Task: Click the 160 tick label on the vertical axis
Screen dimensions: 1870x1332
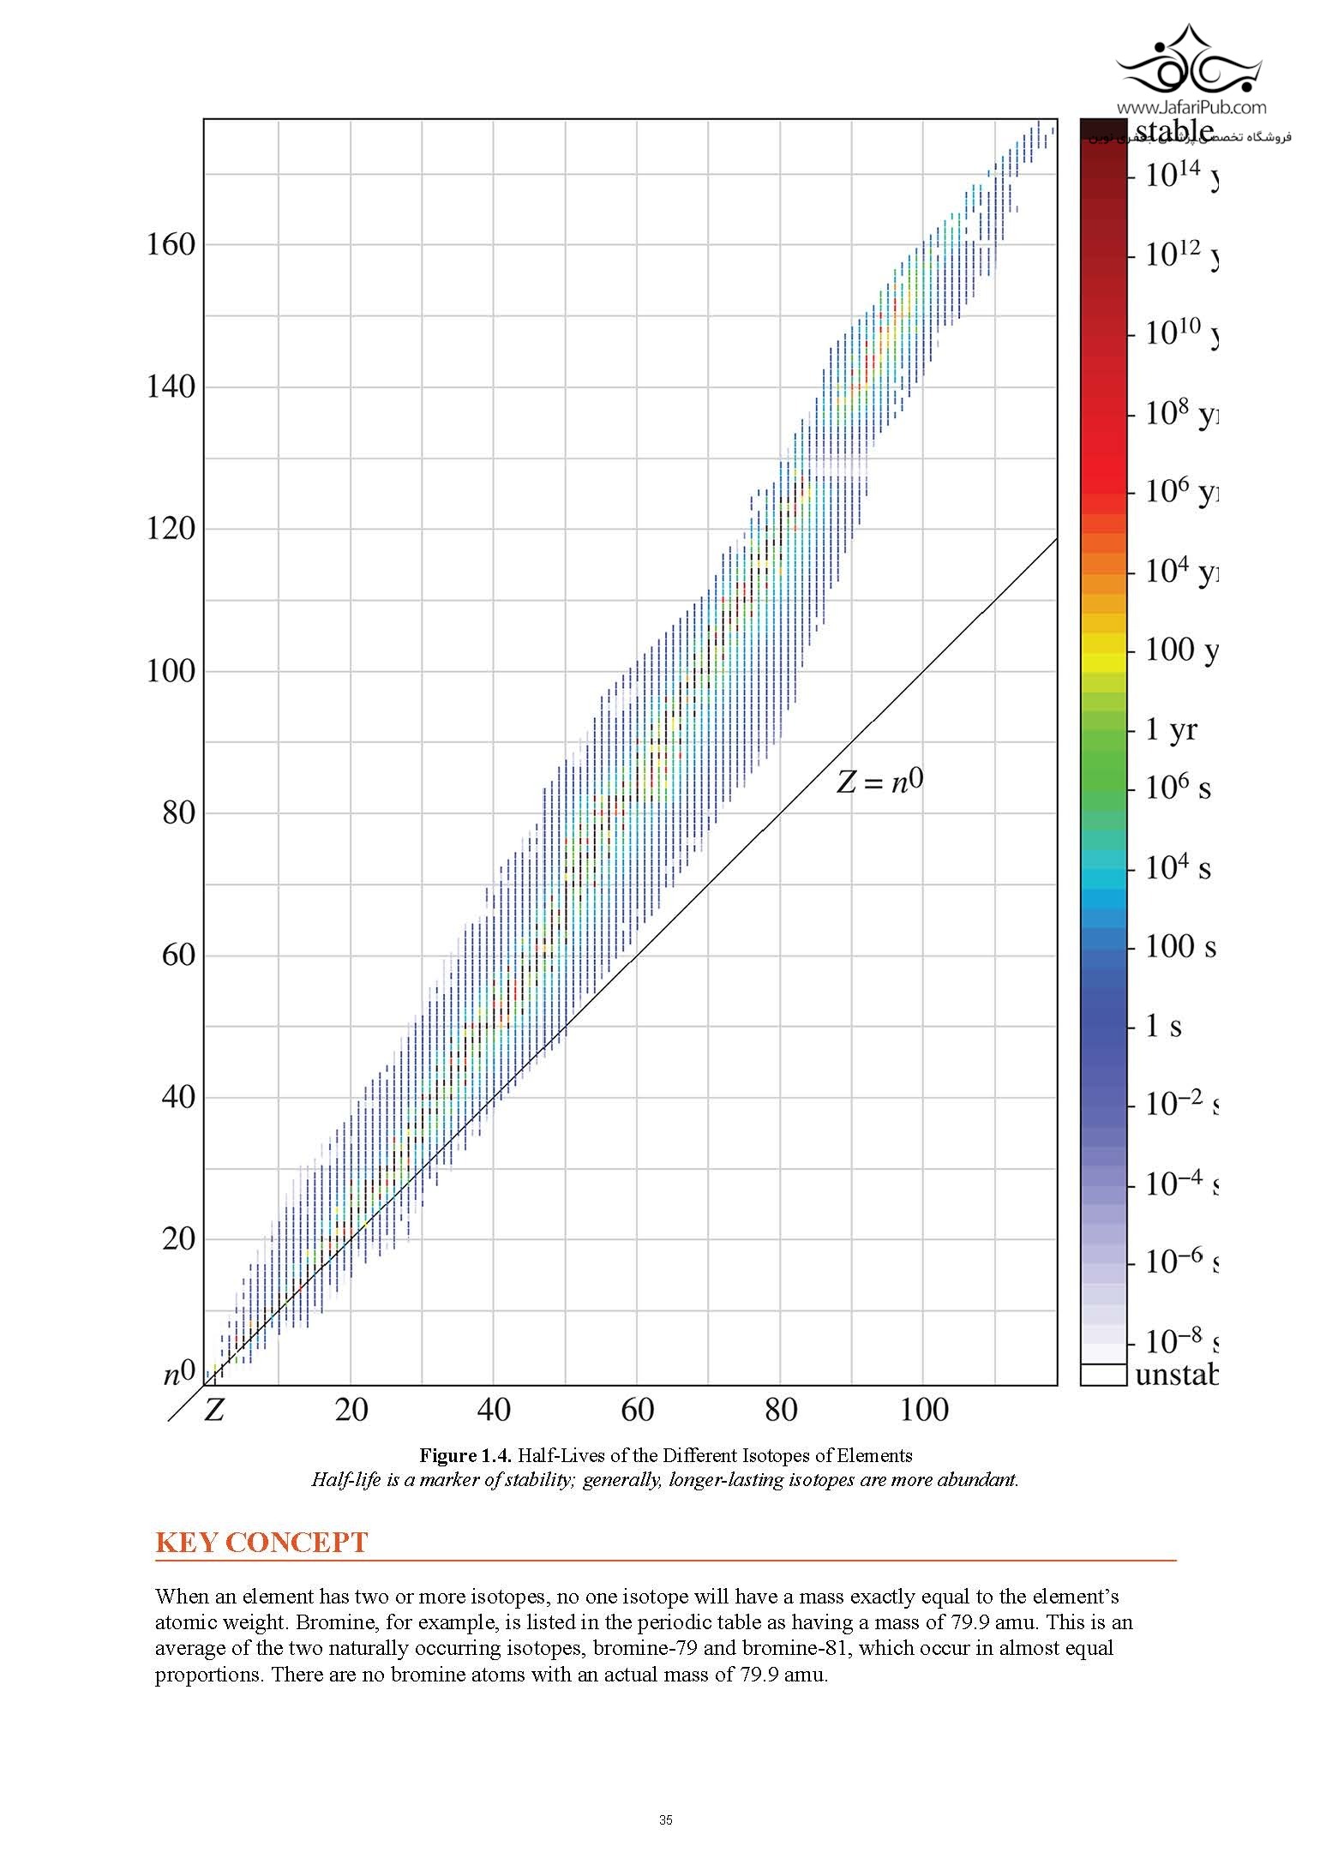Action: (171, 245)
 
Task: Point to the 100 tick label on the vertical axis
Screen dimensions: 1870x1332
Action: (171, 670)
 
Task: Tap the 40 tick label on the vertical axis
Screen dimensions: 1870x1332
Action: (178, 1096)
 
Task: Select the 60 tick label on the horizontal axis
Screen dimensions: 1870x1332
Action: (636, 1409)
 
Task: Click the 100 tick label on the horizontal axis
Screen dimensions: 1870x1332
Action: (923, 1409)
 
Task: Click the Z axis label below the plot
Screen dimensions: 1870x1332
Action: (213, 1410)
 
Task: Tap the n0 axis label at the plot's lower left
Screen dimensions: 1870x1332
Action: (180, 1374)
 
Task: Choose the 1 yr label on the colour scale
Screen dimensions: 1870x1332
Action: (1171, 729)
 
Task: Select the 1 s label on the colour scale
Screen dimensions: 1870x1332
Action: (1164, 1026)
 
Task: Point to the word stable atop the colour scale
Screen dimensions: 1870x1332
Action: (1174, 131)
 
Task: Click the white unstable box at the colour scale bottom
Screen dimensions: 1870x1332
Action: (1102, 1374)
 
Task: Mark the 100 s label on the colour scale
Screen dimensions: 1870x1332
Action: (1180, 946)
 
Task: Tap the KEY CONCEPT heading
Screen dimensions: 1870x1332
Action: (261, 1543)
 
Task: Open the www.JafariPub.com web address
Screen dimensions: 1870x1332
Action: (1191, 108)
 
